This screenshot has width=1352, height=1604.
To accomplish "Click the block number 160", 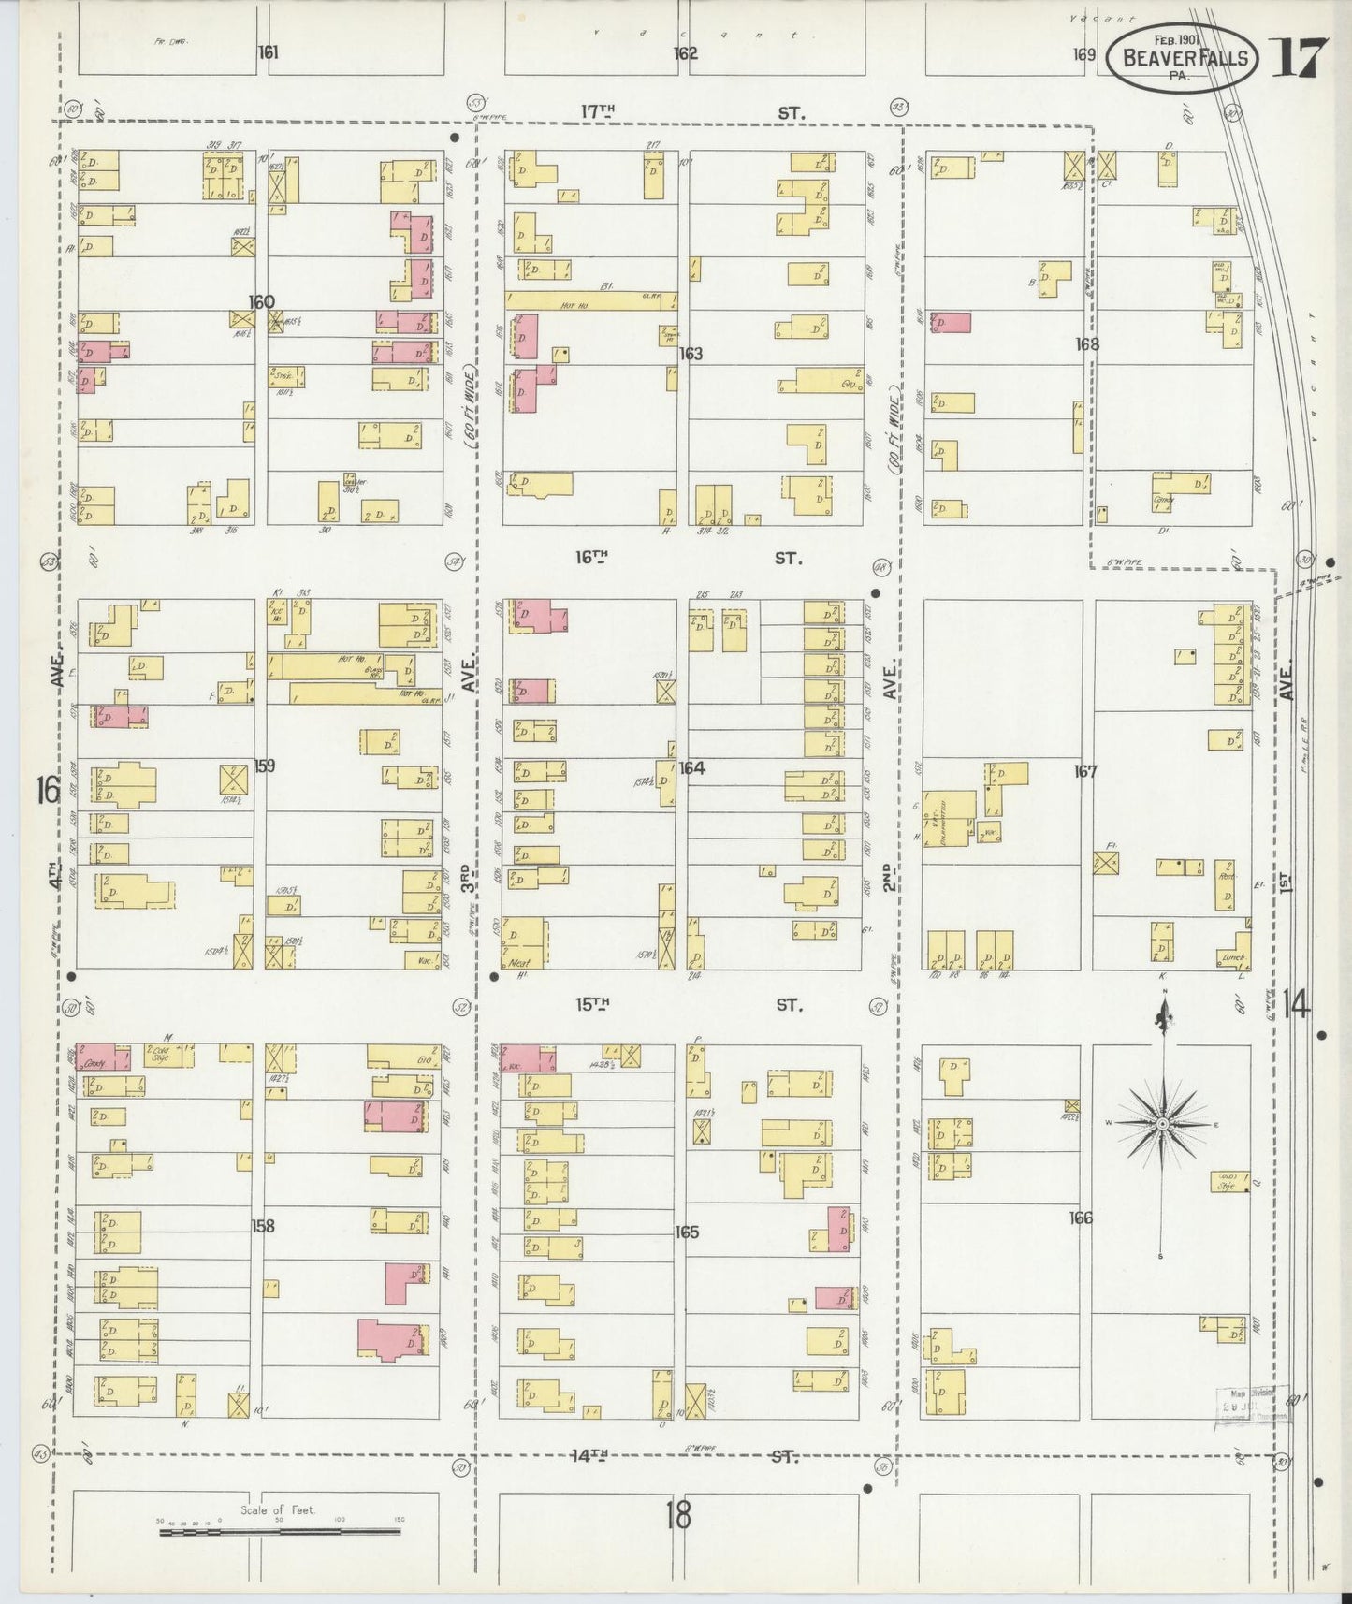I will (261, 301).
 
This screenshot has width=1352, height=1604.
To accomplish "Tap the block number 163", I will (691, 354).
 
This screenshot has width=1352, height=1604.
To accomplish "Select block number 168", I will (1086, 343).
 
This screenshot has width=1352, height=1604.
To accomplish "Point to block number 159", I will (264, 766).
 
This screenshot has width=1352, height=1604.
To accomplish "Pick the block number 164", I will (691, 767).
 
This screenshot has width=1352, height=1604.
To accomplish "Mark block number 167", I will (1085, 772).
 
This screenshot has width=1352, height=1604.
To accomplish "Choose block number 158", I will (263, 1225).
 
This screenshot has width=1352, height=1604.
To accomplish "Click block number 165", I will (687, 1232).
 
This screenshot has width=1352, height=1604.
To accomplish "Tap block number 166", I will (1081, 1218).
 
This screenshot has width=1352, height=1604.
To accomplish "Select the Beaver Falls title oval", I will (1184, 58).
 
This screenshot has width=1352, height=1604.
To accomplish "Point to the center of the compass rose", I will (1161, 1123).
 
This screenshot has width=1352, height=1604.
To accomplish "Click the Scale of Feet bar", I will (280, 1533).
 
